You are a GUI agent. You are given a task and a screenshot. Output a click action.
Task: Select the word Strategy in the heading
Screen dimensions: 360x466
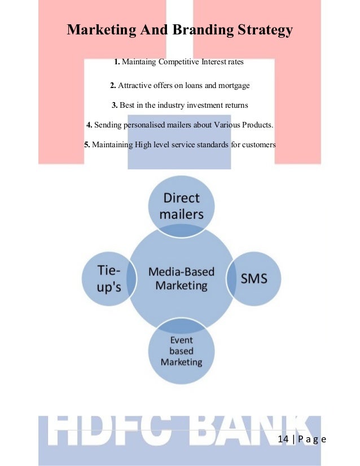point(263,29)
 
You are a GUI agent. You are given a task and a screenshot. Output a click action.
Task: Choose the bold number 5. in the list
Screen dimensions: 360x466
point(87,144)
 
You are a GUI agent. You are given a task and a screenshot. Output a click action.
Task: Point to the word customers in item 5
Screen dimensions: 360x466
point(258,144)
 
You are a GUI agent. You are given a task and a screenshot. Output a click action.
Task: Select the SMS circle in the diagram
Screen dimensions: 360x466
point(254,278)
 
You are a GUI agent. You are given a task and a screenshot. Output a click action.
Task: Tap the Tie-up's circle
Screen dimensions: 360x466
point(109,279)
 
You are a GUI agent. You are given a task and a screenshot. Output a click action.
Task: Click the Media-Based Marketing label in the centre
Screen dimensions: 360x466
point(182,279)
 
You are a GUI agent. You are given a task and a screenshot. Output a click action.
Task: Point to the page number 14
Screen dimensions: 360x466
point(285,440)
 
